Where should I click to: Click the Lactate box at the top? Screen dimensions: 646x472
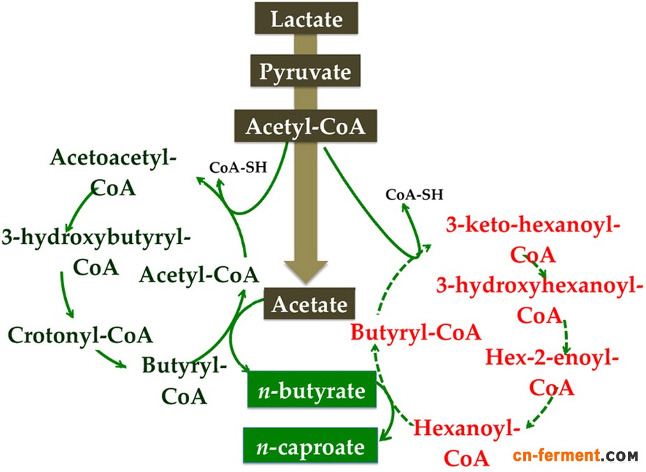click(306, 19)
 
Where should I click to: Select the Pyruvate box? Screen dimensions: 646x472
click(306, 71)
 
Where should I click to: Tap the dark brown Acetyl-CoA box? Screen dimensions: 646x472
click(306, 126)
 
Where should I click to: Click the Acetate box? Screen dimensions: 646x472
click(310, 304)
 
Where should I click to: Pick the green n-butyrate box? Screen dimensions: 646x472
click(312, 390)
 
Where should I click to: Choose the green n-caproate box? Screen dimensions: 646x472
click(310, 446)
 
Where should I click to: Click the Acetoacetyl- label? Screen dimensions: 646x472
click(113, 158)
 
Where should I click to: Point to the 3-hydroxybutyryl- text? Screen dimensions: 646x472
click(96, 238)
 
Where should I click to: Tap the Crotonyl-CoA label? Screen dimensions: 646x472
click(80, 335)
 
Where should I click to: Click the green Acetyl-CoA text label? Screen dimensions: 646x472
click(199, 275)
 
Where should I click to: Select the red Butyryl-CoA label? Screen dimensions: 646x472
click(416, 332)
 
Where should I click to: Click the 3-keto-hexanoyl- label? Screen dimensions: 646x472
click(534, 225)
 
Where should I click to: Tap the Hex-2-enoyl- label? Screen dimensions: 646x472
click(552, 357)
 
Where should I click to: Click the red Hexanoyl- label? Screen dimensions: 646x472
click(467, 428)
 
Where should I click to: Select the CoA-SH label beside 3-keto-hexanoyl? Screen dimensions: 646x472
click(414, 195)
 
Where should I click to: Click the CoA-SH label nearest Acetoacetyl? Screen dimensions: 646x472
click(238, 167)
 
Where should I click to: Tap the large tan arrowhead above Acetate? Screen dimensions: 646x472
click(306, 271)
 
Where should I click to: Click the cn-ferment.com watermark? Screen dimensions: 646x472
click(575, 455)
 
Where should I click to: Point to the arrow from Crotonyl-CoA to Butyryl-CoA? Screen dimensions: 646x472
click(111, 358)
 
